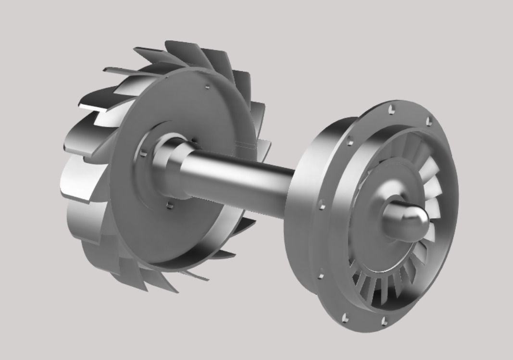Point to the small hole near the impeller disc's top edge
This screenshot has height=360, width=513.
pos(206,87)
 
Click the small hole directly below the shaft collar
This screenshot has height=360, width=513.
pos(169,205)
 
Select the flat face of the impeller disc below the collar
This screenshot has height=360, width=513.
pos(192,231)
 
